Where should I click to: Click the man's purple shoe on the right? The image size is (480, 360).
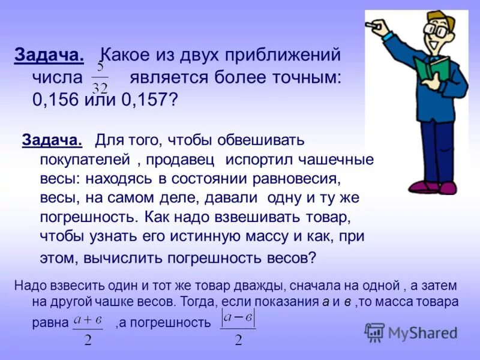click(446, 188)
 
